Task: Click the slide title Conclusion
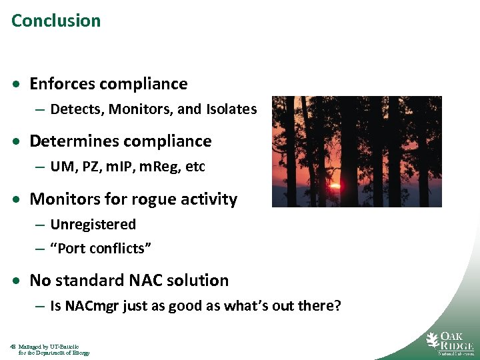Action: pos(56,21)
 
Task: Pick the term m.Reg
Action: pos(159,167)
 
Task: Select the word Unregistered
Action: pos(93,225)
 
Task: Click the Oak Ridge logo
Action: pos(450,342)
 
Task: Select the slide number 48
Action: pos(13,347)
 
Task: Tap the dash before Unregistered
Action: pos(41,225)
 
